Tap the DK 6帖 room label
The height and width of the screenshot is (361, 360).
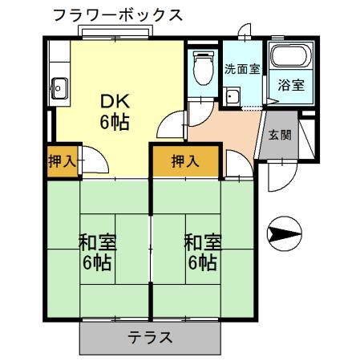(x=115, y=112)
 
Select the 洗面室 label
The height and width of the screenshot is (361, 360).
(x=241, y=69)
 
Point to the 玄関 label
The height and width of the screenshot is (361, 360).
(x=279, y=134)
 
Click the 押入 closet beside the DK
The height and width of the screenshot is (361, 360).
(x=61, y=160)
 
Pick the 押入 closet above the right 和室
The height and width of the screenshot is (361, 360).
(x=185, y=160)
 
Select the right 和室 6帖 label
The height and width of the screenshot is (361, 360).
(x=200, y=251)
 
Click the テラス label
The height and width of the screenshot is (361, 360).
(x=151, y=337)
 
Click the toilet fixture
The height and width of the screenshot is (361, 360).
(x=203, y=67)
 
